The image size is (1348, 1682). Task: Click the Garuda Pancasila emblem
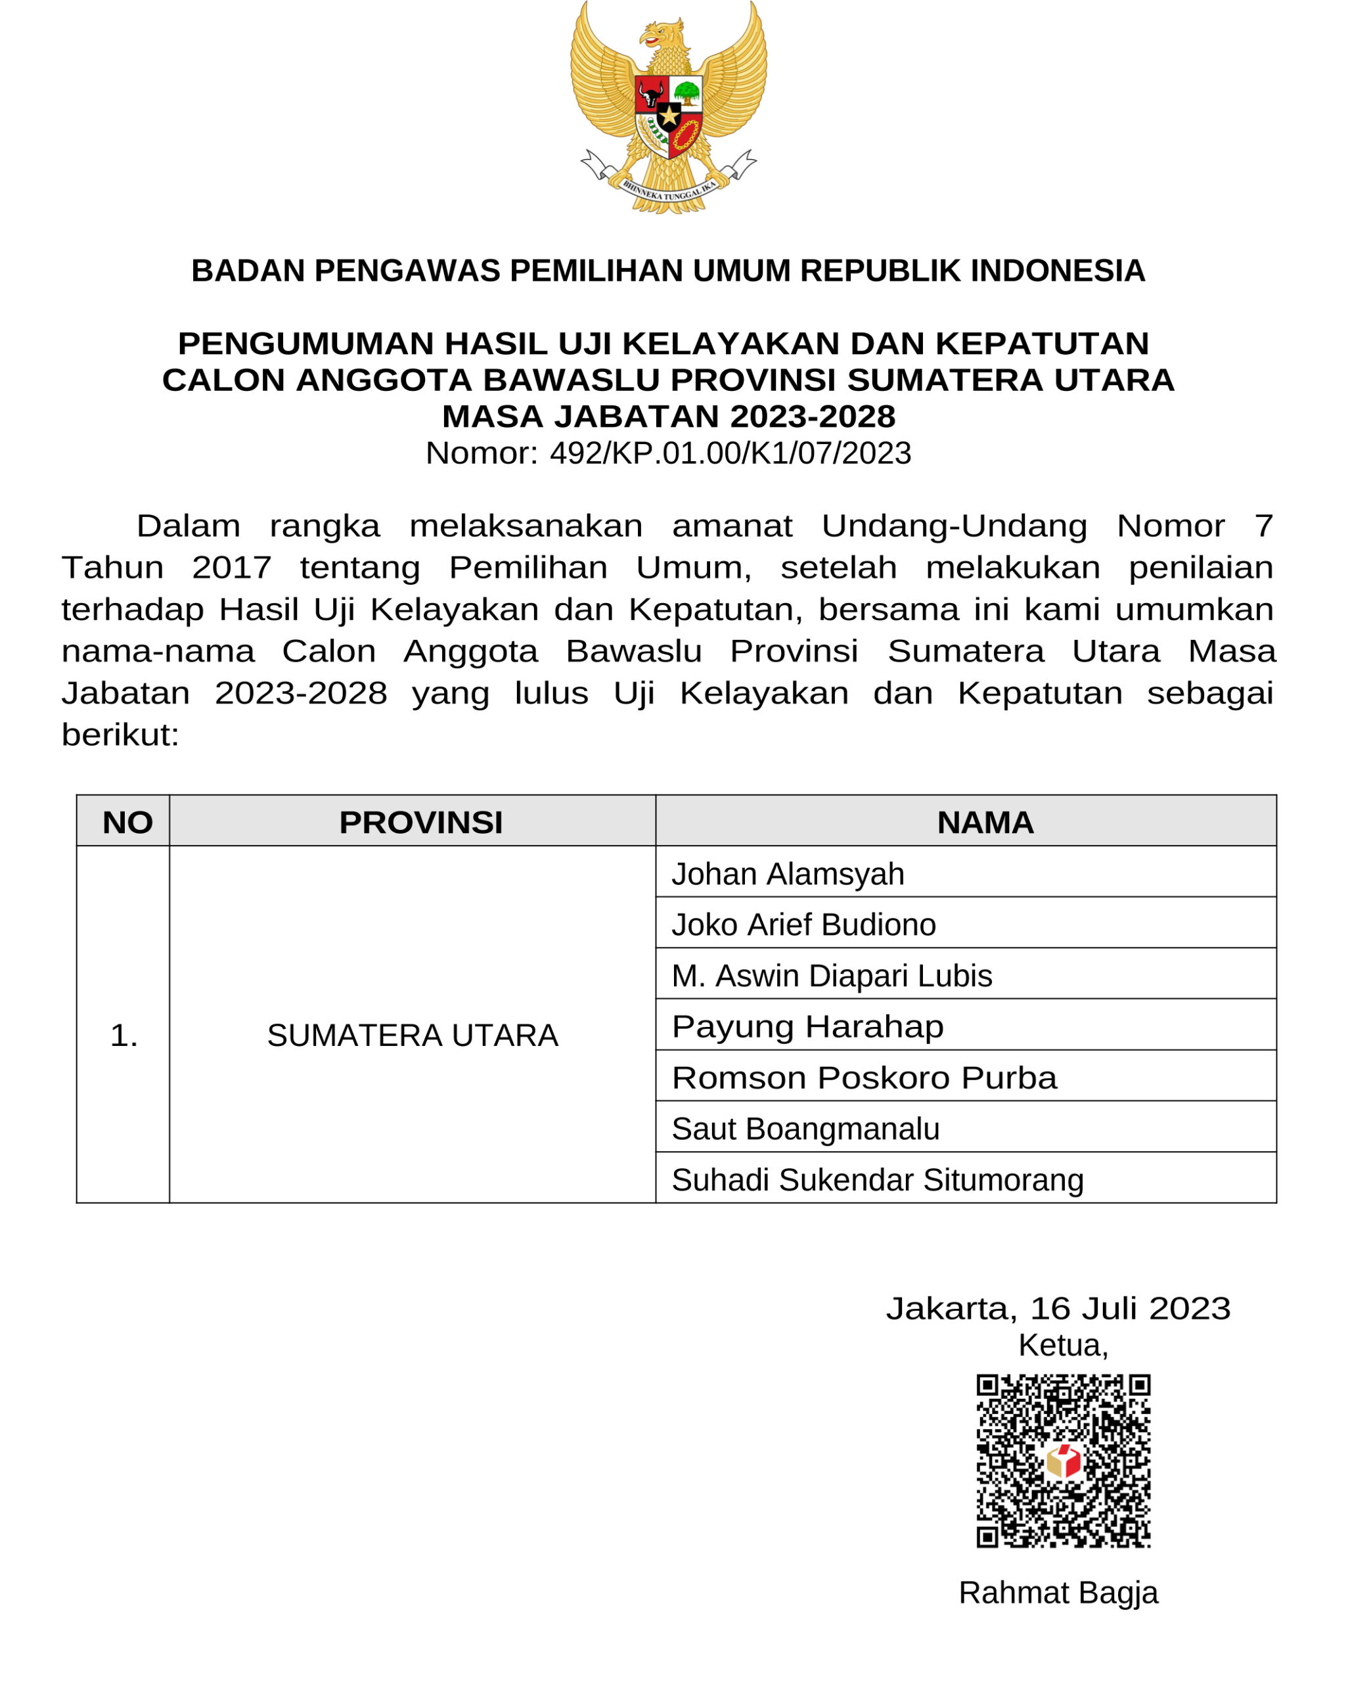tap(669, 108)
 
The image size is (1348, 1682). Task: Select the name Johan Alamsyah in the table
tap(788, 874)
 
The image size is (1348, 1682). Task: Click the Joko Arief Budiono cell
tap(803, 924)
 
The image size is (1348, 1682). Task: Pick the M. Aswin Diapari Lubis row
tap(832, 976)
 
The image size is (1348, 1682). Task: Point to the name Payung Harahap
tap(807, 1027)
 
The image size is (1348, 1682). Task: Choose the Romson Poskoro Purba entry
tap(864, 1078)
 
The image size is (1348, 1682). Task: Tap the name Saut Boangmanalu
tap(805, 1129)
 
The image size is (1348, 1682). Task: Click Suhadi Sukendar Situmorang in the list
tap(878, 1181)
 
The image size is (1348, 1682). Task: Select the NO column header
tap(127, 823)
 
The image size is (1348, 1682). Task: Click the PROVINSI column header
tap(420, 823)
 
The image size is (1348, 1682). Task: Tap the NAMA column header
tap(985, 823)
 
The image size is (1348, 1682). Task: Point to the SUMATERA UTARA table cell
tap(413, 1035)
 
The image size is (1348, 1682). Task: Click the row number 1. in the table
tap(124, 1035)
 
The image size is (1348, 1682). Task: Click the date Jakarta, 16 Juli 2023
tap(1058, 1308)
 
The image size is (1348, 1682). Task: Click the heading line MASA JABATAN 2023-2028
tap(669, 417)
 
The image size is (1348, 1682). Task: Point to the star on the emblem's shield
tap(669, 116)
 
